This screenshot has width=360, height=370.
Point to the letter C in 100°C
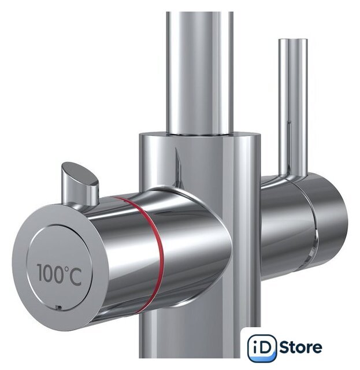[x=76, y=276]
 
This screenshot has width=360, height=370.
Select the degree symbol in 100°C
[x=67, y=269]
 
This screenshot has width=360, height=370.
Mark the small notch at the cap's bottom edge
[x=58, y=308]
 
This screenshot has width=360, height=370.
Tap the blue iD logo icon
[x=262, y=348]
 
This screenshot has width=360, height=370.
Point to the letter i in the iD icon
[x=255, y=348]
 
